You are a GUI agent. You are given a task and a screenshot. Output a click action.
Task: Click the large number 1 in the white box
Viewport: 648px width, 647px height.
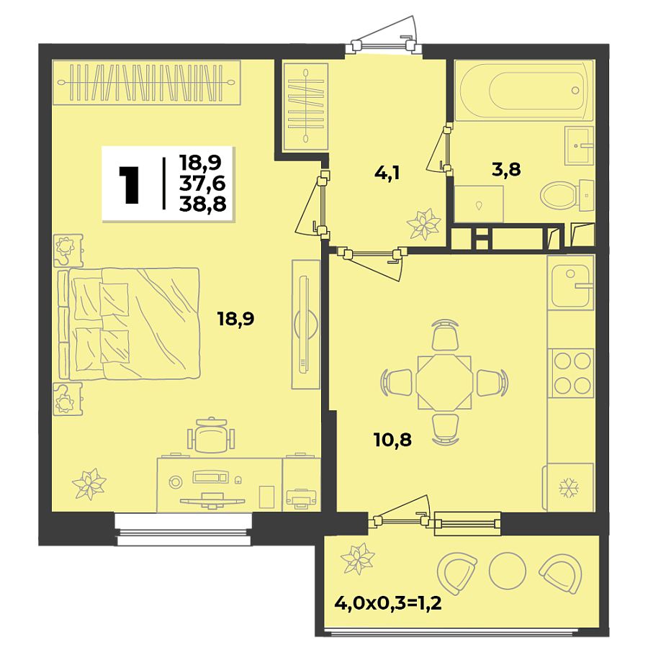click(x=130, y=184)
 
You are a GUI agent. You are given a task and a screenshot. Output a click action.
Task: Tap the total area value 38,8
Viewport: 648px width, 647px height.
click(x=203, y=205)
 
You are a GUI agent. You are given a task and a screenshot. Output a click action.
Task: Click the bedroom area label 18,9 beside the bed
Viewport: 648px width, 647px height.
click(x=236, y=319)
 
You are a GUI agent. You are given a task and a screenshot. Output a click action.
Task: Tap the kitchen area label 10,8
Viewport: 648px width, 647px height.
click(x=392, y=439)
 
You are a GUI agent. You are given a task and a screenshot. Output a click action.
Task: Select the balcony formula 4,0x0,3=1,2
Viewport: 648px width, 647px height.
click(x=387, y=602)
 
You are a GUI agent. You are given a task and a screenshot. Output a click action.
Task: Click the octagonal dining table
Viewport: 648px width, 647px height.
click(x=444, y=382)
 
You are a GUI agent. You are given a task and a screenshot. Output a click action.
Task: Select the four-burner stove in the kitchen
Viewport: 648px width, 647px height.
click(x=570, y=372)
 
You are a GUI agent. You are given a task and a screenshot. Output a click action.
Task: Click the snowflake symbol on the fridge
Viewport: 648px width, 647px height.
click(x=569, y=488)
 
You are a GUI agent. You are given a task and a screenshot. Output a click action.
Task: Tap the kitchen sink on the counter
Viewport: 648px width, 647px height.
click(x=571, y=282)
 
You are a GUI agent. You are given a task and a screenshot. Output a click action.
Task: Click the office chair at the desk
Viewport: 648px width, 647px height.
click(x=211, y=435)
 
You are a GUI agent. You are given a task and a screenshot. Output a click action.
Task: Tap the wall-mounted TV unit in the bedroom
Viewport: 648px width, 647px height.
click(x=305, y=324)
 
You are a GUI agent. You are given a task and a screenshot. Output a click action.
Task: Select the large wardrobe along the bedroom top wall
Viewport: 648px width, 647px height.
click(x=146, y=83)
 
